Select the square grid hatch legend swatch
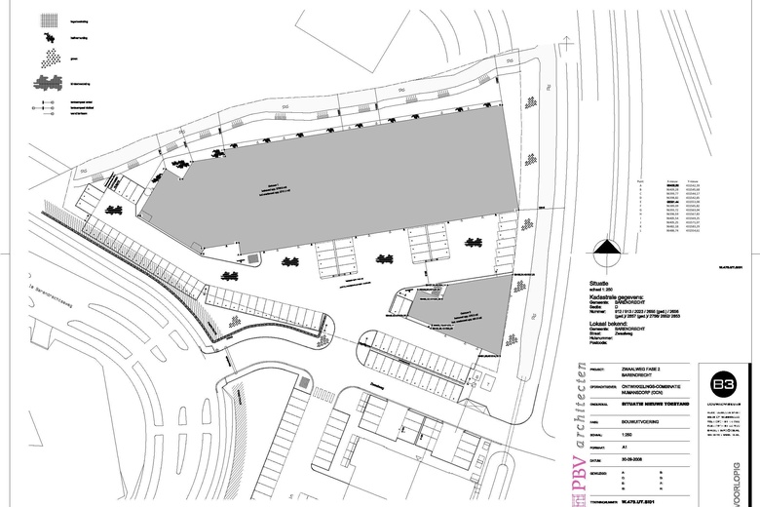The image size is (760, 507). click(48, 18)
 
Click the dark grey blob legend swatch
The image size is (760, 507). click(47, 82)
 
